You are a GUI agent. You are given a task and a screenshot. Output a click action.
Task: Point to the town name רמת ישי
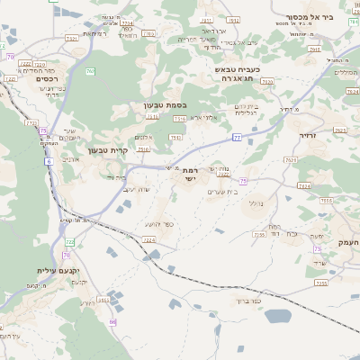point(189,174)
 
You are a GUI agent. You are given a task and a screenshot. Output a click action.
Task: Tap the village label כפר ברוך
point(243,301)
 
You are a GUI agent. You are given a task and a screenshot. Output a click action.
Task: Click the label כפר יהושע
point(158,224)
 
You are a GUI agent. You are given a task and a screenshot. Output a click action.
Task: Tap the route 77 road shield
point(236,137)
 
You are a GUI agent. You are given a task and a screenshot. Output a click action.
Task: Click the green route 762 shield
point(90,70)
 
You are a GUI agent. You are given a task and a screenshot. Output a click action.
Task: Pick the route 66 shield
point(112,321)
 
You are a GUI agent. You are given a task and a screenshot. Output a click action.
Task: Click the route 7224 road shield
point(148,240)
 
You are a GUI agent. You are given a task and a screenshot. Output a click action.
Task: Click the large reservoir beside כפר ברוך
point(277,316)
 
